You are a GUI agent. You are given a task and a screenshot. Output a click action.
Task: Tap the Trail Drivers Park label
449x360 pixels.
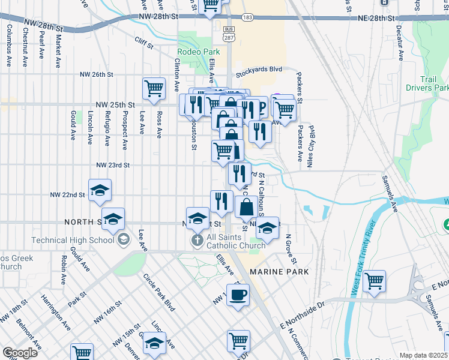tap(435, 83)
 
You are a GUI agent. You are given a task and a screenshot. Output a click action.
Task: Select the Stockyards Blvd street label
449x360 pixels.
tap(259, 70)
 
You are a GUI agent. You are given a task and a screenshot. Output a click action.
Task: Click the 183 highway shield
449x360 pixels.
tap(247, 18)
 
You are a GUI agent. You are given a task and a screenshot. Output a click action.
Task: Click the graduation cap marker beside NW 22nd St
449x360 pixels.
tap(100, 191)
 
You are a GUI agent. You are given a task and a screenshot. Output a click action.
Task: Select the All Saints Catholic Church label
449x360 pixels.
tap(235, 241)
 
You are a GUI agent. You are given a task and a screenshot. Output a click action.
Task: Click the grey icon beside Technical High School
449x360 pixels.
tap(123, 240)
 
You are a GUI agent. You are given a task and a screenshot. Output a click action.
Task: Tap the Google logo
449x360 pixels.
tap(20, 353)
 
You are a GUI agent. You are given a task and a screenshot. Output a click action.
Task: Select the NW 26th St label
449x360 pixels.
tap(97, 75)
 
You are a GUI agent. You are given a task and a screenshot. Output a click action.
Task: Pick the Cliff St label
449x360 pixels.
tap(144, 43)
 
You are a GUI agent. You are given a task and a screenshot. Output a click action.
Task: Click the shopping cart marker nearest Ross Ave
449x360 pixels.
tap(154, 88)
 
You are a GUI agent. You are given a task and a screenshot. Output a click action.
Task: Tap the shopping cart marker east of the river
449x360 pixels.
tap(374, 280)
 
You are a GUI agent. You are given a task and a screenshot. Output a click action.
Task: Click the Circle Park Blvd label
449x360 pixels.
tap(158, 292)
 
